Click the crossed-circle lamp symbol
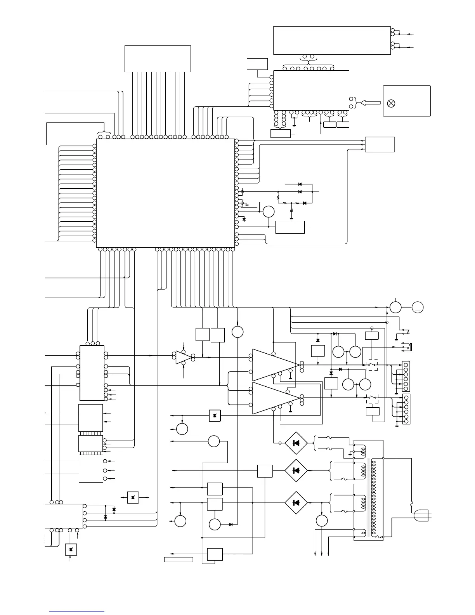click(x=392, y=103)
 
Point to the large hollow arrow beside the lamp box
click(x=370, y=102)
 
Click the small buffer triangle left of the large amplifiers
click(x=182, y=357)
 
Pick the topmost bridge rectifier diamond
click(x=296, y=443)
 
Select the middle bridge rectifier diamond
click(x=296, y=471)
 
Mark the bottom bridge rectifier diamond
click(x=296, y=503)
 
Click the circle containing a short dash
click(x=418, y=307)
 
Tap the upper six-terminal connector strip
click(x=406, y=376)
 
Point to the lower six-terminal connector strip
click(x=406, y=409)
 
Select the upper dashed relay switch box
click(x=373, y=365)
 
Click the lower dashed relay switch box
click(x=373, y=398)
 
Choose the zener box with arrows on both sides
click(x=133, y=497)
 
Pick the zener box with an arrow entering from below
click(x=71, y=549)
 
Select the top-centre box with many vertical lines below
click(x=158, y=59)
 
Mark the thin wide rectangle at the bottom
click(x=179, y=559)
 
